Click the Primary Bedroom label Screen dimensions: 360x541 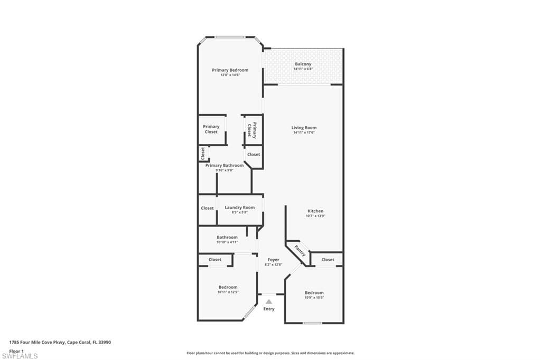(x=230, y=70)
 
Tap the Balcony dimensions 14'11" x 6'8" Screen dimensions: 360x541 (x=303, y=69)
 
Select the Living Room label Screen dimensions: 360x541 (x=304, y=127)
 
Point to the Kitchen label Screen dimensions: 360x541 (x=315, y=211)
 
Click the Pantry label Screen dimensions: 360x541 (x=300, y=250)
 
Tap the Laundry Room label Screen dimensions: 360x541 (x=239, y=207)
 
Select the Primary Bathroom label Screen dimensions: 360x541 (x=225, y=165)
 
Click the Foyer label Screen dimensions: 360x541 (x=273, y=260)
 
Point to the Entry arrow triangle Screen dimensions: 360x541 (x=268, y=301)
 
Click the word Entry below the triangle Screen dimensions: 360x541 (x=269, y=309)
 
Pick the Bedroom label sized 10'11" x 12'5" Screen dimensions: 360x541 (x=228, y=287)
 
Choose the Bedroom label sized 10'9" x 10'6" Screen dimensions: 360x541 (x=314, y=292)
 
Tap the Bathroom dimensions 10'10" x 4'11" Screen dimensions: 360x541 (x=227, y=242)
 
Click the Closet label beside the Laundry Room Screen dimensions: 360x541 (x=207, y=208)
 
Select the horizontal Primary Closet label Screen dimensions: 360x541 (x=211, y=129)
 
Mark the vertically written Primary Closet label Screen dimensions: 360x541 (x=252, y=130)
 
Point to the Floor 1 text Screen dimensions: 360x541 (x=16, y=350)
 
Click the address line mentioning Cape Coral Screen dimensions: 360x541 (x=60, y=342)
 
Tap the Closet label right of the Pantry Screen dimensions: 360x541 (x=328, y=260)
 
